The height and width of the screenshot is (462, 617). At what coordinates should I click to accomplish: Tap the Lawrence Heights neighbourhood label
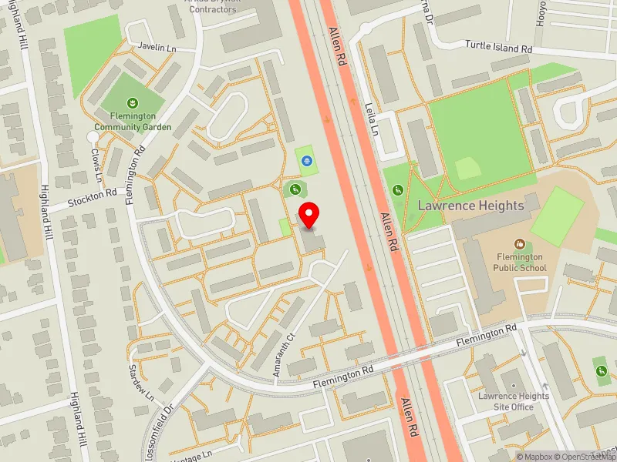(x=470, y=206)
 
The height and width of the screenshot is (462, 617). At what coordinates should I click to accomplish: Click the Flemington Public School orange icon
(x=520, y=243)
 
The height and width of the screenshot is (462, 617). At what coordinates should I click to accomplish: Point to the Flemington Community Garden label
(x=133, y=121)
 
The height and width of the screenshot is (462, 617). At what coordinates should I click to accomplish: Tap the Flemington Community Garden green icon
(x=133, y=102)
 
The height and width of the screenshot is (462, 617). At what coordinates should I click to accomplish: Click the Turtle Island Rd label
(x=499, y=48)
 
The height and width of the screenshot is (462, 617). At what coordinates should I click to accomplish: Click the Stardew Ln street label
(x=143, y=382)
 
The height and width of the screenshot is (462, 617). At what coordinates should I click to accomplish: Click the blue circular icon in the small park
(x=307, y=161)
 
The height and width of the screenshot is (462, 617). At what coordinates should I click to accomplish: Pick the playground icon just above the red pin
(x=294, y=189)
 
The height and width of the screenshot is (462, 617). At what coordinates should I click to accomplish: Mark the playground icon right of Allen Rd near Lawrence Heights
(x=398, y=190)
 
